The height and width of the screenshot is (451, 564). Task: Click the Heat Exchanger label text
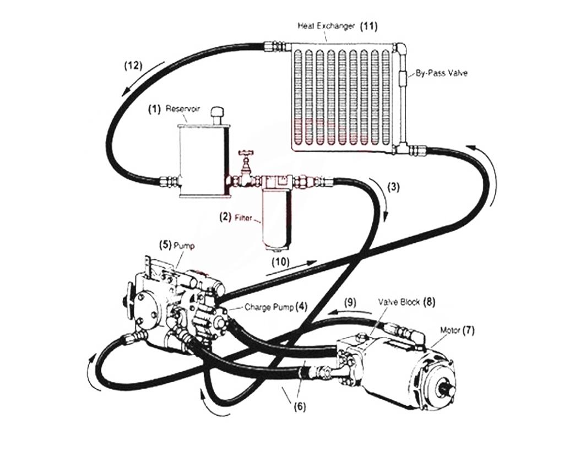(327, 26)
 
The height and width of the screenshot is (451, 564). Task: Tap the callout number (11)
(368, 26)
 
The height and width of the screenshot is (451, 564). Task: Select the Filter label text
(242, 218)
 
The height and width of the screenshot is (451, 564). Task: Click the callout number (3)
(393, 186)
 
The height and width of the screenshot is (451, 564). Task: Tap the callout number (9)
(350, 302)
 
